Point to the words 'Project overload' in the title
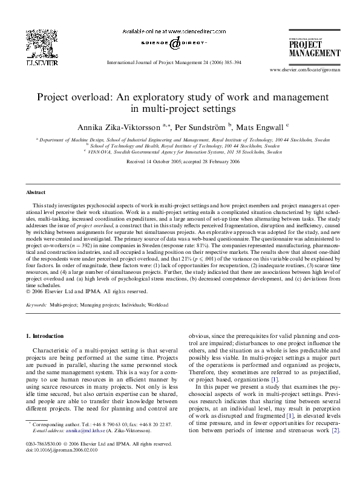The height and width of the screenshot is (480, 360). tap(65, 97)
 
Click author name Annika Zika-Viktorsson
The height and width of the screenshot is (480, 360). tap(117, 127)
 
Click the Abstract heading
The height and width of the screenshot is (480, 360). tap(36, 192)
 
